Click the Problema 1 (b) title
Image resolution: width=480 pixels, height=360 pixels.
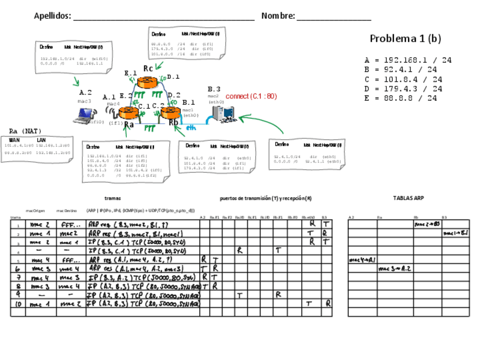point(405,38)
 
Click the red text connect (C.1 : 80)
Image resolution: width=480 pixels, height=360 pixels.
point(251,96)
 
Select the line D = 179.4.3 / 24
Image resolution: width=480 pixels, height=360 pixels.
point(404,89)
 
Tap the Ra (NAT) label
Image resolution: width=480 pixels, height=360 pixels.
point(25,131)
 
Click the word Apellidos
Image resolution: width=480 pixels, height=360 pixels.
point(53,16)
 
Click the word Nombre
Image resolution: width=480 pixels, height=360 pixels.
point(278,16)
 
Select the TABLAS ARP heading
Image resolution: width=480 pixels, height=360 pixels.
point(408,198)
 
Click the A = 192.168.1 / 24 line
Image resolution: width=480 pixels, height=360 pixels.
point(408,60)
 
